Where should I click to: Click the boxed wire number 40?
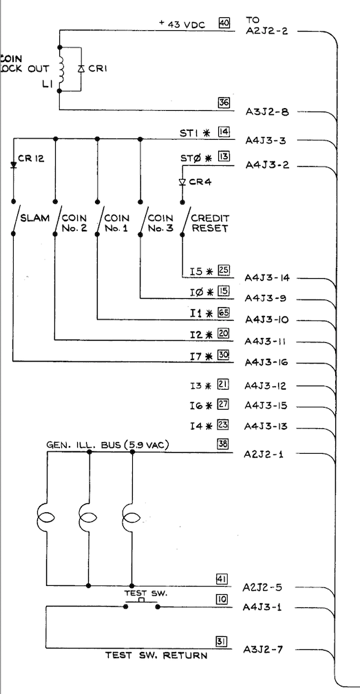(x=224, y=23)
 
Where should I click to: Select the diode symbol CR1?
(x=81, y=69)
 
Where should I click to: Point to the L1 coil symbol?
(x=61, y=69)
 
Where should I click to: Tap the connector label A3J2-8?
(x=267, y=112)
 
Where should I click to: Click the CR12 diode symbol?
(x=13, y=165)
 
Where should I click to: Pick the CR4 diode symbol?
(x=182, y=182)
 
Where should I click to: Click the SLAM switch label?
(x=35, y=218)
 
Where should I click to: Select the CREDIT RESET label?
(x=210, y=223)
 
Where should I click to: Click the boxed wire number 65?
(x=223, y=313)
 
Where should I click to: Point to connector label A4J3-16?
(x=266, y=363)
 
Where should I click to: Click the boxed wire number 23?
(x=223, y=425)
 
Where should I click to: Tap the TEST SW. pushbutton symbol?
(x=142, y=604)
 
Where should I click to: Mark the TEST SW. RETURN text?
(x=156, y=655)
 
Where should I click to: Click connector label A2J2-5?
(x=262, y=587)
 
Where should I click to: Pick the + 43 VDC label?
(x=182, y=24)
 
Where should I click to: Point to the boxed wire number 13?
(x=223, y=156)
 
